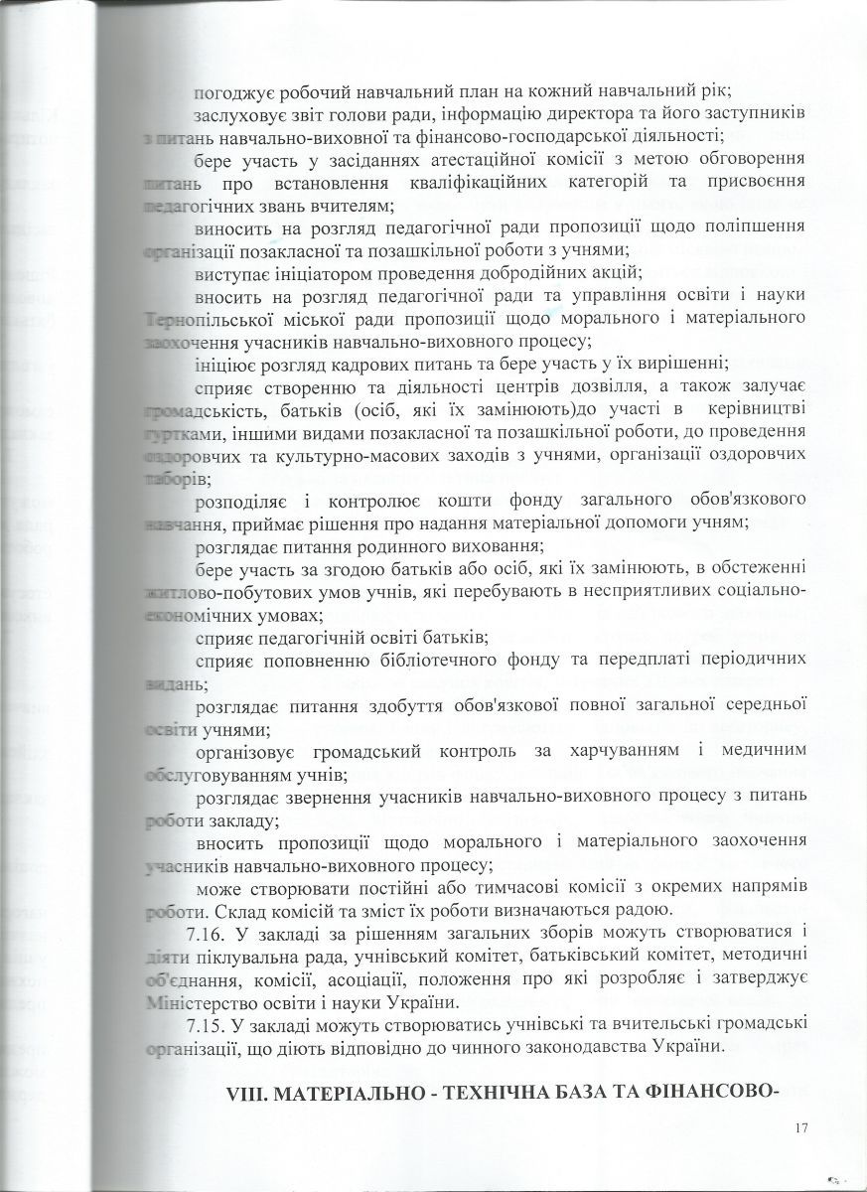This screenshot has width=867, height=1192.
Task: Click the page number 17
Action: pyautogui.click(x=802, y=1126)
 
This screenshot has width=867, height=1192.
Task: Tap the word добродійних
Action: pyautogui.click(x=539, y=271)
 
